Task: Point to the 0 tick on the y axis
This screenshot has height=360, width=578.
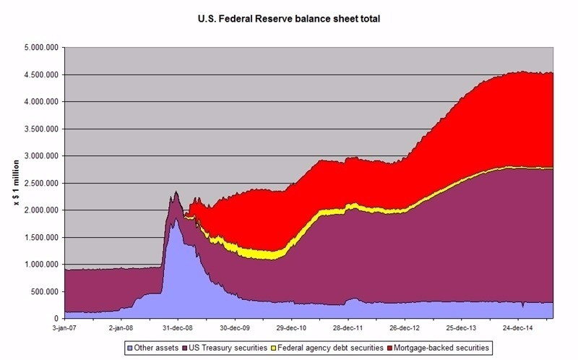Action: [59, 318]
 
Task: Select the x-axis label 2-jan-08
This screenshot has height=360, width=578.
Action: [121, 327]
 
